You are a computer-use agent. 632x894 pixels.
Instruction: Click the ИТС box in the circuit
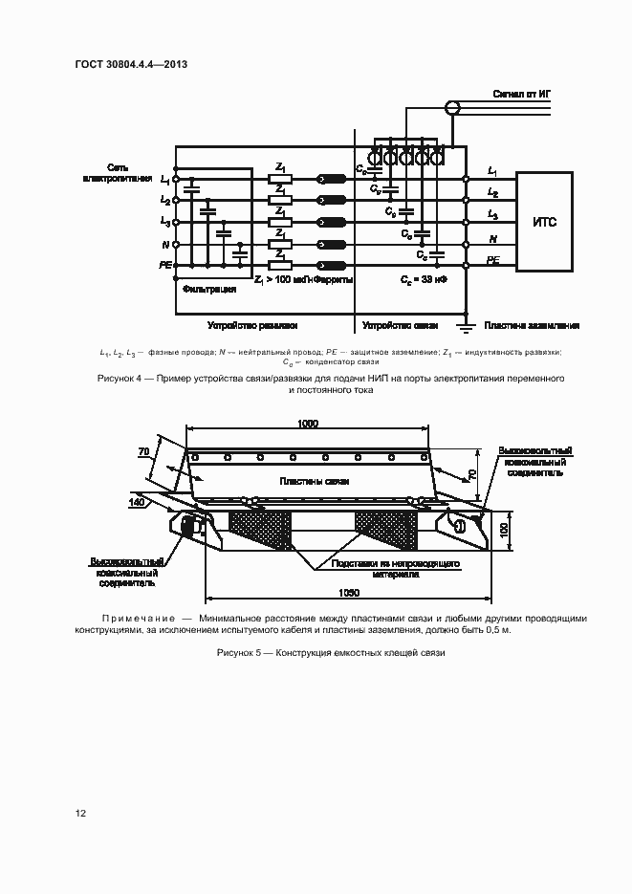click(544, 222)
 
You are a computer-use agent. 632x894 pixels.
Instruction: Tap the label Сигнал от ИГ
click(520, 94)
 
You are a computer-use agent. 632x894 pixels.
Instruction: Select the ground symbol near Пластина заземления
click(466, 327)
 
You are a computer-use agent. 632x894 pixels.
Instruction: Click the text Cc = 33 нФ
click(423, 279)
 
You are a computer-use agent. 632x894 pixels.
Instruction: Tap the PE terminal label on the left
click(165, 263)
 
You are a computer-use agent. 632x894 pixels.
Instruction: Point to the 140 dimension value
click(137, 501)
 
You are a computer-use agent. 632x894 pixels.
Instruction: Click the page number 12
click(81, 813)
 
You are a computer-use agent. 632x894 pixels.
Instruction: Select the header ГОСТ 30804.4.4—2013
click(130, 64)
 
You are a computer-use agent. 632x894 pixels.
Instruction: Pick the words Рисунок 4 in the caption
click(120, 379)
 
